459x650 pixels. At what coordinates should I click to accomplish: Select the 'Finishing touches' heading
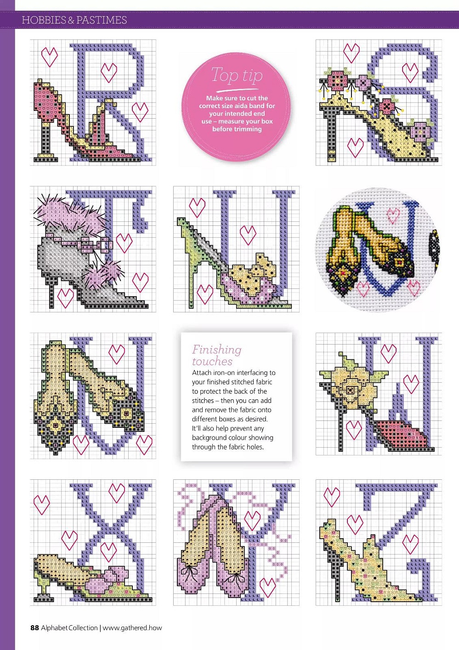216,355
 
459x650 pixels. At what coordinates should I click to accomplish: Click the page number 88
34,627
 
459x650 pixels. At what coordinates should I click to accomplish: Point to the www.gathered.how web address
132,628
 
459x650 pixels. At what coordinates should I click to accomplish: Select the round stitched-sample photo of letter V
378,249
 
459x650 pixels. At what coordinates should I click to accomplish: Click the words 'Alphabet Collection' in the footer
69,628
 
